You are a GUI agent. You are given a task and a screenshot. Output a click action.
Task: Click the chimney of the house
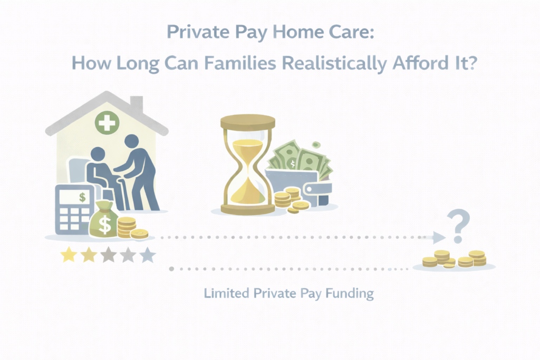pos(136,104)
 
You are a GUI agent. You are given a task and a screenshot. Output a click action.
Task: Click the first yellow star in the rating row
pos(68,256)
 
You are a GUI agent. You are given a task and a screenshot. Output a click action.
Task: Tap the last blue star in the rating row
pos(148,256)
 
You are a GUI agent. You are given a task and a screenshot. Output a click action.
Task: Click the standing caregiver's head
pos(131,141)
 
